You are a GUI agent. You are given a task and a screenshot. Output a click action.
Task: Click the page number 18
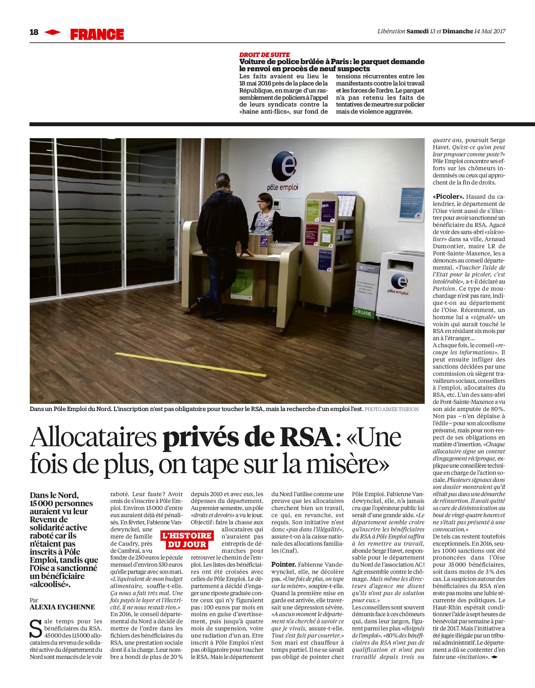34,32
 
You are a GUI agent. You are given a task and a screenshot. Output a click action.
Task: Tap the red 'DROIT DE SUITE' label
264,55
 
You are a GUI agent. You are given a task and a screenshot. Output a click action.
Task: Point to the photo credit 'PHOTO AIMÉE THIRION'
391,409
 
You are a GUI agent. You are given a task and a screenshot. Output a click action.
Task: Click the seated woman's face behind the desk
261,205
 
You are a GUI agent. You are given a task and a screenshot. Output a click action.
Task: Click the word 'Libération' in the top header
391,31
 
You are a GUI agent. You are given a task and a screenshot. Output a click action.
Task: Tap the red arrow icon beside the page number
53,32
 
